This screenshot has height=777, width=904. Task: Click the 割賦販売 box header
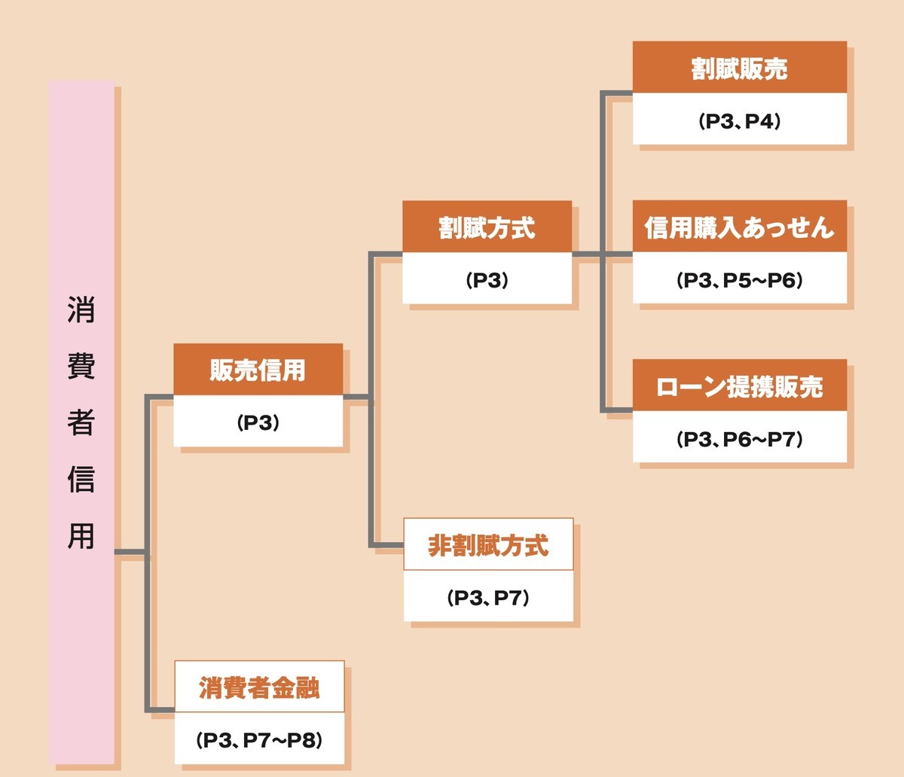coord(739,69)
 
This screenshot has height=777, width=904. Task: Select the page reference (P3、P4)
coord(739,121)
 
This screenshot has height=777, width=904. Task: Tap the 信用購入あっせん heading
coord(739,227)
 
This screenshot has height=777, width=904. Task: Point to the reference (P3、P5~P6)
coord(739,281)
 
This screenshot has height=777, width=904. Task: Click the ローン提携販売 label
coord(739,387)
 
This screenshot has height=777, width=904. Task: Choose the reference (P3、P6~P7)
coord(739,440)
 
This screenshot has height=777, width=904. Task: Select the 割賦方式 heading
coord(487,227)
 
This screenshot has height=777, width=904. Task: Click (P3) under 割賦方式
coord(487,281)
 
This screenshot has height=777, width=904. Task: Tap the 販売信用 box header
coord(258,370)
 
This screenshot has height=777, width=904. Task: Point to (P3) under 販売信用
coord(258,423)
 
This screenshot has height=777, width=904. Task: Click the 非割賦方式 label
coord(488,545)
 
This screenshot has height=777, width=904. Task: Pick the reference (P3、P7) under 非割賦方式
coord(488,598)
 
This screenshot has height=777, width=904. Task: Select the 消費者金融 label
coord(259,687)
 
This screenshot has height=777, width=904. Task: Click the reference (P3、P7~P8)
coord(259,740)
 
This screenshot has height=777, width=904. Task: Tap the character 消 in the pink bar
coord(81,309)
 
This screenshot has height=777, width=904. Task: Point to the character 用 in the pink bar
coord(81,535)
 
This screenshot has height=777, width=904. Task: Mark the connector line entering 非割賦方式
coord(387,545)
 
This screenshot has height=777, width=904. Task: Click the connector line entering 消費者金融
coord(160,709)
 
